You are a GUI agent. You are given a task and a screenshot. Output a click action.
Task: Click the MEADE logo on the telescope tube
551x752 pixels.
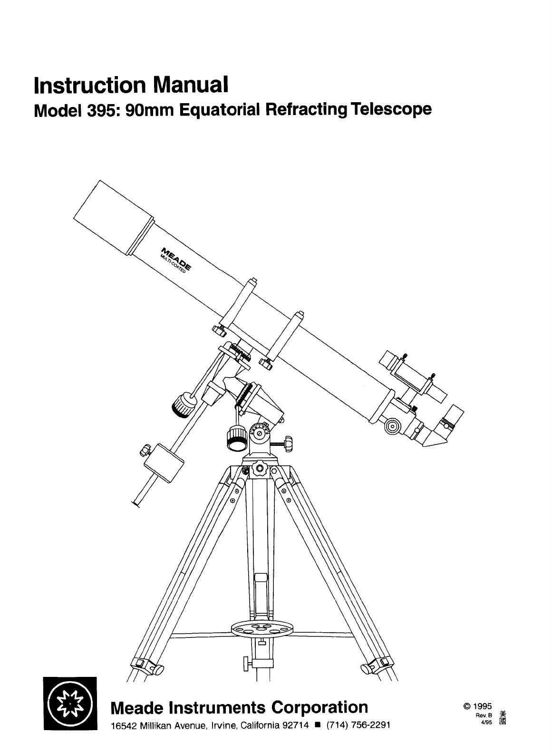click(x=177, y=260)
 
